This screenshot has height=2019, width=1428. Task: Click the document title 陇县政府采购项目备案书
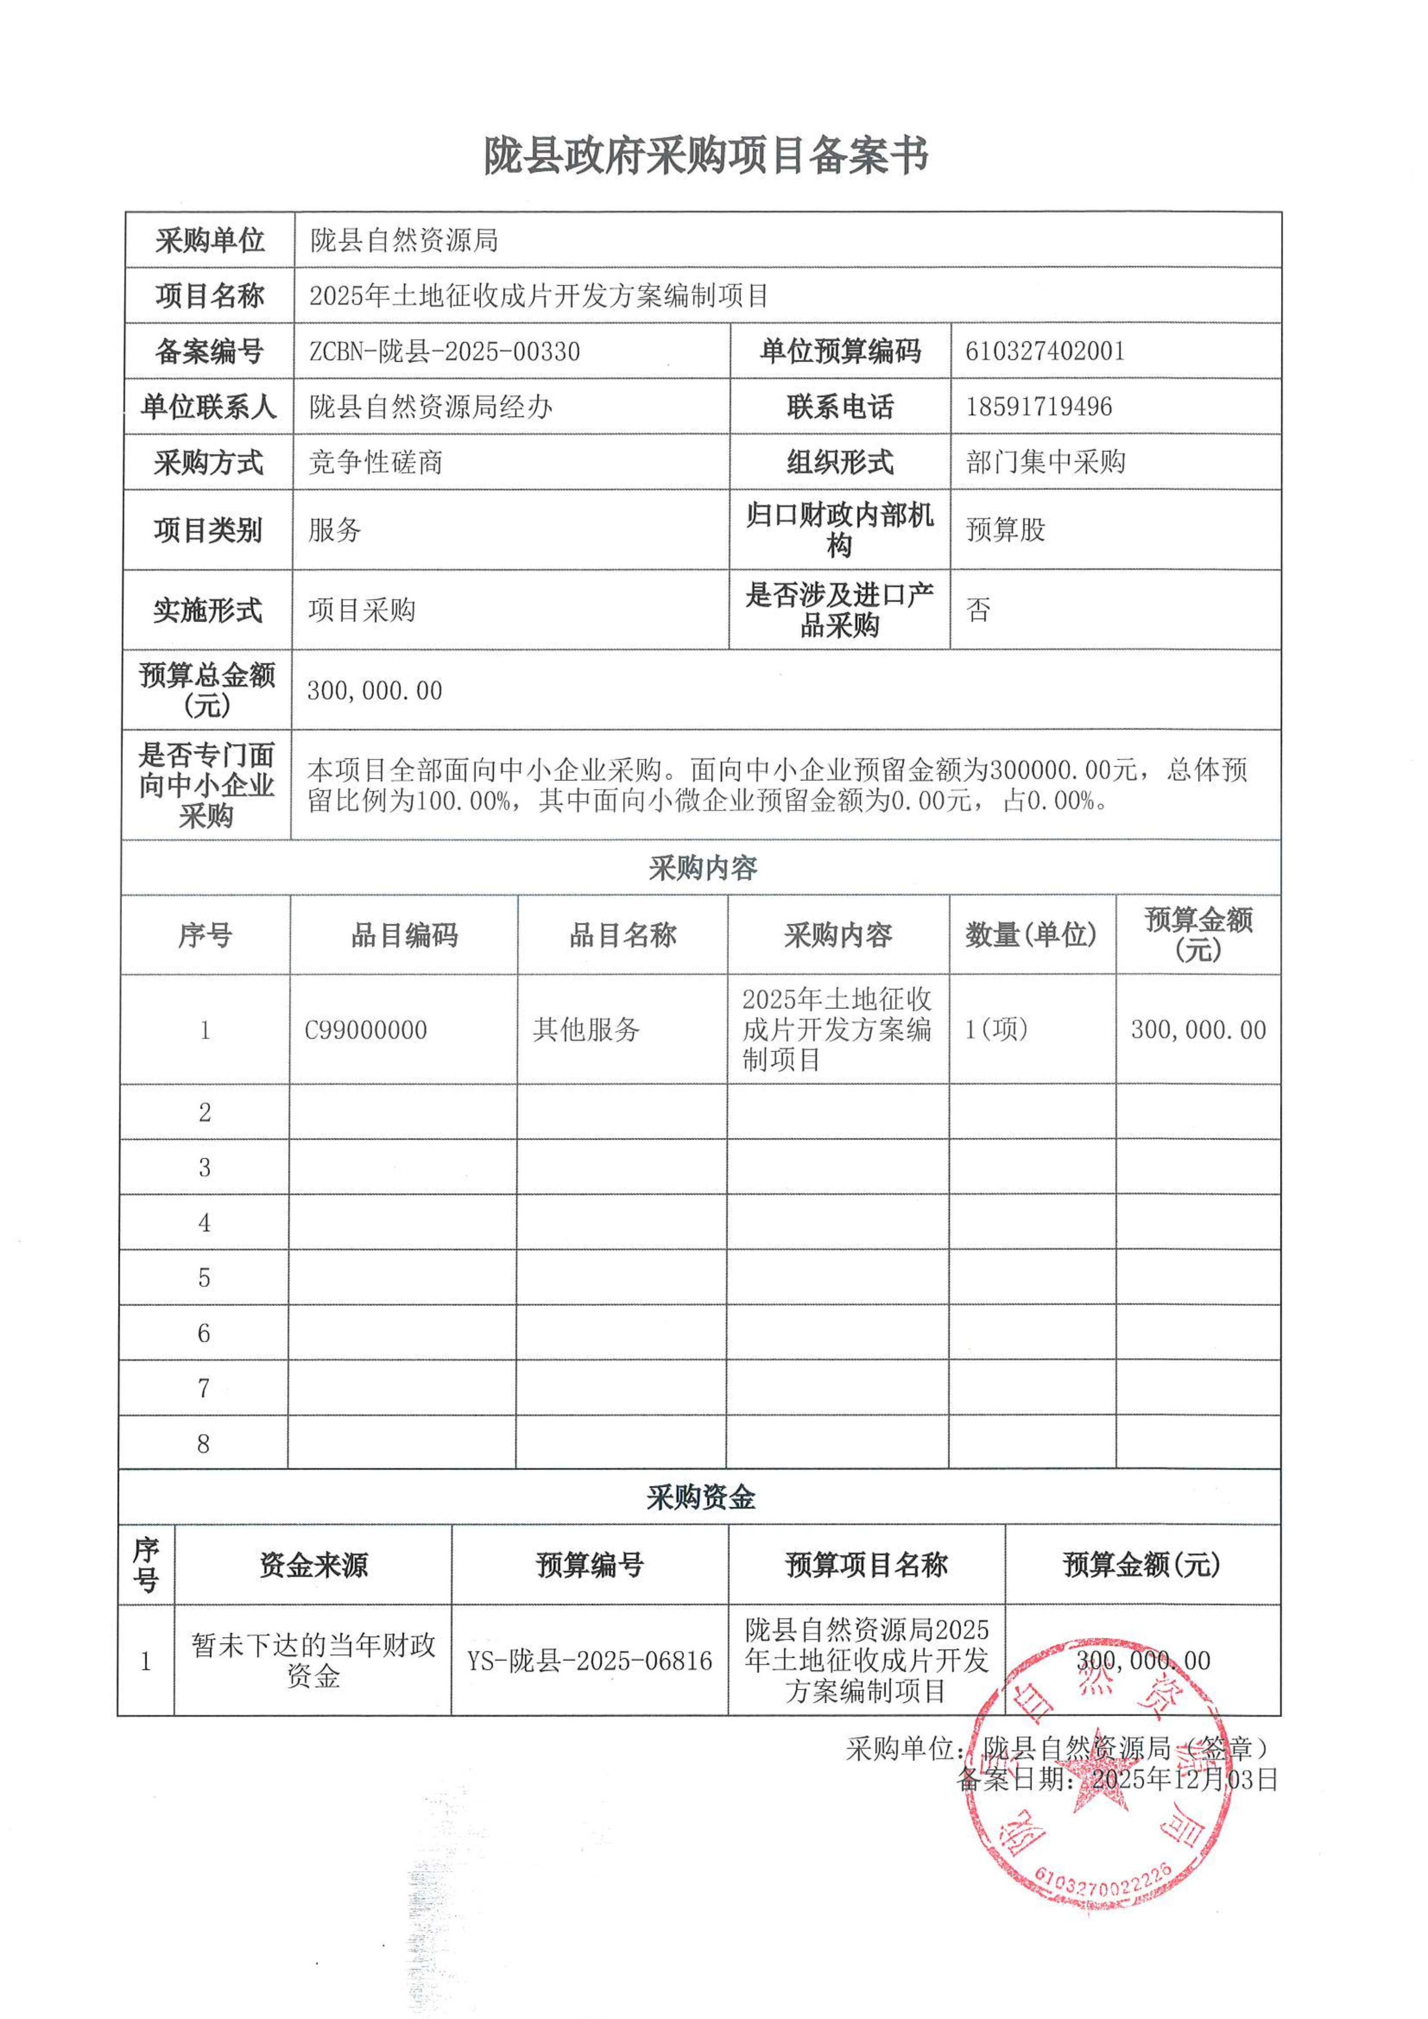point(706,156)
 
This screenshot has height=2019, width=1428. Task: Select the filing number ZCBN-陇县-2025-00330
point(444,352)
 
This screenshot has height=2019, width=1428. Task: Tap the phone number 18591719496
point(1039,407)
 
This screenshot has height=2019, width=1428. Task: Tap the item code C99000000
point(366,1030)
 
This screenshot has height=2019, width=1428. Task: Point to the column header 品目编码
point(405,935)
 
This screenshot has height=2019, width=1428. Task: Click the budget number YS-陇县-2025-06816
point(589,1660)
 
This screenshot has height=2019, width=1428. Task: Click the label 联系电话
point(840,407)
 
